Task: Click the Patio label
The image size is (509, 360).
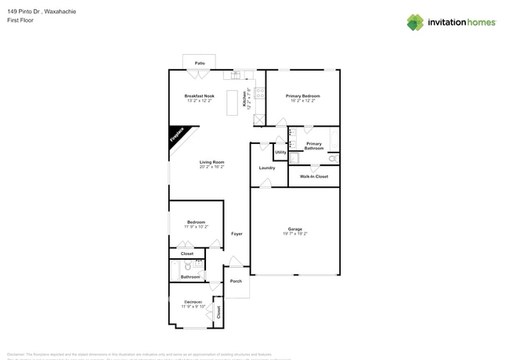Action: tap(200, 62)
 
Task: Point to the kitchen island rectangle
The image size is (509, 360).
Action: tap(233, 103)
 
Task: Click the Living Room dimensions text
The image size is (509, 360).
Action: tap(211, 167)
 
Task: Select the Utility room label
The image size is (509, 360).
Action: tap(280, 152)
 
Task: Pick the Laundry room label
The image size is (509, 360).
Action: tap(267, 167)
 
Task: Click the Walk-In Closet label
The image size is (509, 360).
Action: tap(314, 177)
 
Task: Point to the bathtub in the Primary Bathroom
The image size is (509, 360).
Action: tap(336, 141)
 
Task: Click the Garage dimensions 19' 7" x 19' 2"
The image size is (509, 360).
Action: tap(294, 234)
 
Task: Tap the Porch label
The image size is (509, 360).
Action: tap(236, 281)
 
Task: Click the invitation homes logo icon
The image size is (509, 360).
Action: tap(414, 22)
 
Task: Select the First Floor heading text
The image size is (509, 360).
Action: tap(20, 21)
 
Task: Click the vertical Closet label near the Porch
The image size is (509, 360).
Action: tap(218, 311)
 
